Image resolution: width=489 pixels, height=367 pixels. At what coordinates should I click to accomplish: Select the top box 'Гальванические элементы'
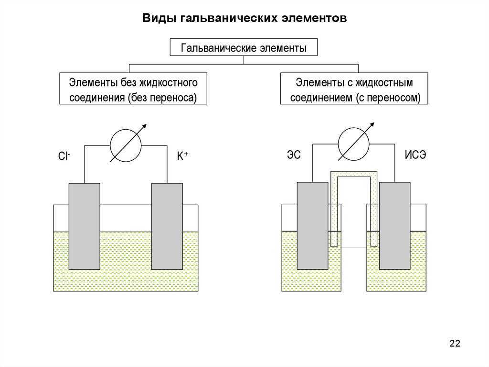(x=244, y=48)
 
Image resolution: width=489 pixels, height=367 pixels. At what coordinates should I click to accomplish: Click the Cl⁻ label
(x=64, y=156)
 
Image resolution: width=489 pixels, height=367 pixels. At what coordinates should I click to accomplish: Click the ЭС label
(x=293, y=155)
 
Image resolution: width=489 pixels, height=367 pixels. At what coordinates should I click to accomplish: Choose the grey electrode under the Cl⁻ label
(x=85, y=226)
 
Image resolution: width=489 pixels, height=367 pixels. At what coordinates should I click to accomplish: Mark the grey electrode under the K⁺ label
(x=167, y=226)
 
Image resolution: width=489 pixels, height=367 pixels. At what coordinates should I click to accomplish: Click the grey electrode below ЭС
(x=313, y=226)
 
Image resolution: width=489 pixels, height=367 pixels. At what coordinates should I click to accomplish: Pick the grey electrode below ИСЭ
(x=394, y=226)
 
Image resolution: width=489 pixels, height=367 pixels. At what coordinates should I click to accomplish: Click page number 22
(x=455, y=343)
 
